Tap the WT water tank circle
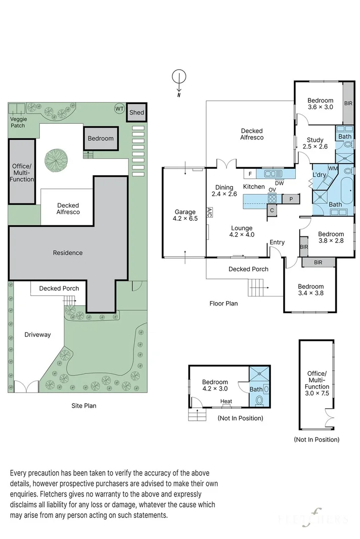click(x=119, y=109)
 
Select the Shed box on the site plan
click(x=137, y=113)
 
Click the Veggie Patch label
click(x=18, y=122)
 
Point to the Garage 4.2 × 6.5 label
click(x=185, y=215)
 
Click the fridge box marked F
click(x=250, y=174)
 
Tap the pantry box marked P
click(x=291, y=199)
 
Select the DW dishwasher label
click(x=280, y=183)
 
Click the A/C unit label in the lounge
click(x=209, y=212)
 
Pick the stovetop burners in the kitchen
click(x=272, y=199)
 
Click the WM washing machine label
click(x=333, y=168)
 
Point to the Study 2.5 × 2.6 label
click(x=315, y=143)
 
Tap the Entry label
click(x=277, y=242)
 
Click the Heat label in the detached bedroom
click(x=226, y=401)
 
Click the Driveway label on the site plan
click(x=37, y=334)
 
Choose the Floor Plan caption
click(x=223, y=303)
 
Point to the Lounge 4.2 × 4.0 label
click(x=242, y=231)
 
